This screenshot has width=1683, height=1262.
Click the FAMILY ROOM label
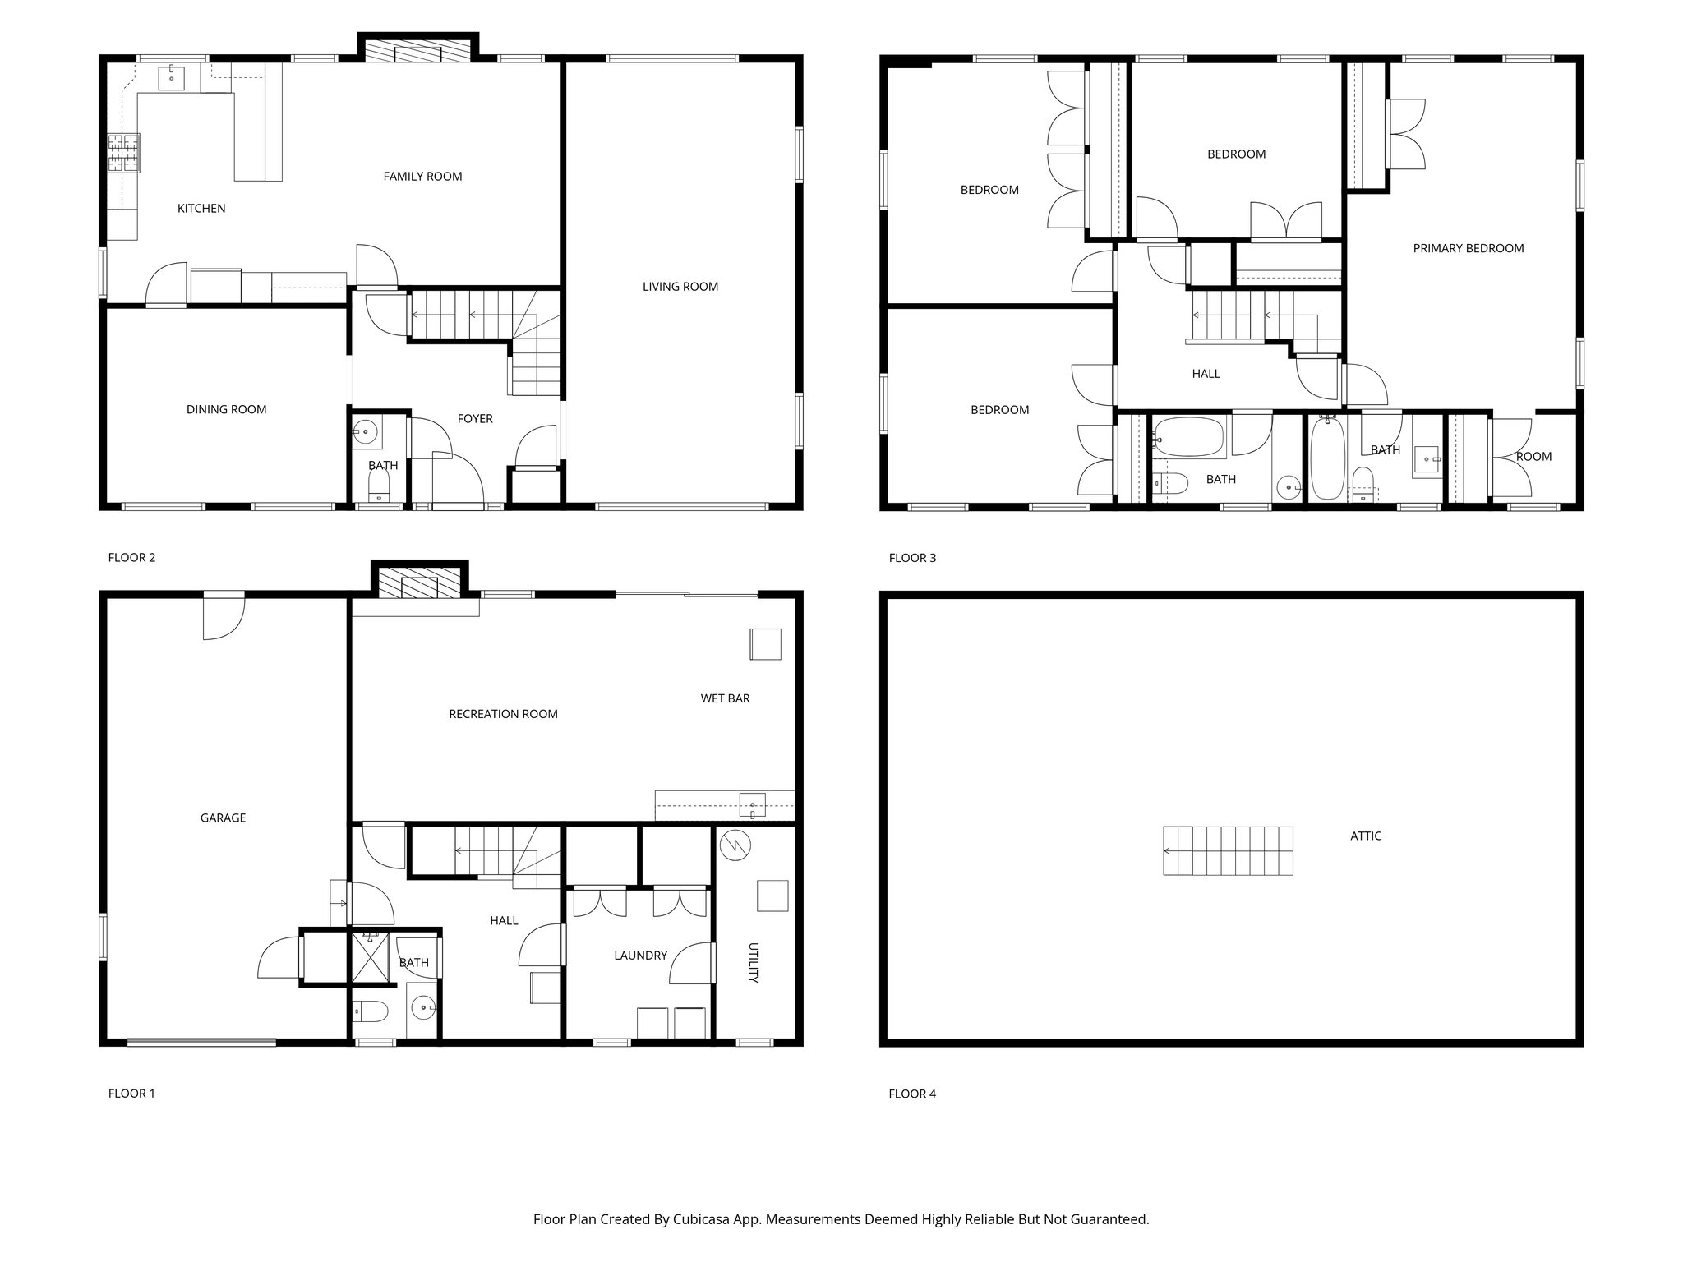tap(422, 176)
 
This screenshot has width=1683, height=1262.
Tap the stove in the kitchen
tap(123, 153)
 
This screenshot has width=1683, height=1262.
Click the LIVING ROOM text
tap(680, 287)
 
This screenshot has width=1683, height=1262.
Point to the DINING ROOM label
tap(226, 409)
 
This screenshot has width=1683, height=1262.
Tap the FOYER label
tap(474, 419)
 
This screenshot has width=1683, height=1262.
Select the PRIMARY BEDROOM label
tap(1468, 248)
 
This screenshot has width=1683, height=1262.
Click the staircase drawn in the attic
tap(1228, 851)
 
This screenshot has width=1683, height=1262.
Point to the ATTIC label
tap(1365, 836)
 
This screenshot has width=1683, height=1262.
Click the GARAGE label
tap(223, 818)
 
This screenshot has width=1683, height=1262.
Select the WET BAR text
tap(725, 698)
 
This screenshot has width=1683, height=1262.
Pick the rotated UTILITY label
tap(752, 963)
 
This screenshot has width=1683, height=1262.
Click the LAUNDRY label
tap(640, 956)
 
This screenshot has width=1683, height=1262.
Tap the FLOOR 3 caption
tap(912, 558)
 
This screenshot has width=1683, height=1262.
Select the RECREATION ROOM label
tap(503, 714)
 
